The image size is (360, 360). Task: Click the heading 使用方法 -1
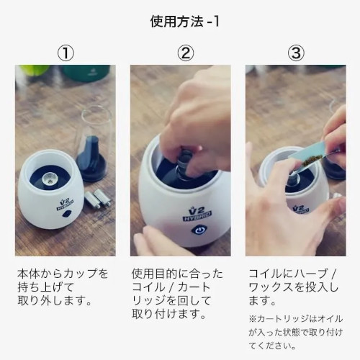[x=184, y=22]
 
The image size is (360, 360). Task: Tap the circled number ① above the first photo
[x=66, y=53]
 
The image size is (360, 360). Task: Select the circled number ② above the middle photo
[x=186, y=53]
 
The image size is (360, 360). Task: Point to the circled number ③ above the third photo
[x=296, y=53]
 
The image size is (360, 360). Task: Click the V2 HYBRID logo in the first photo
[x=65, y=204]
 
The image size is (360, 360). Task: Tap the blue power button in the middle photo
[x=198, y=230]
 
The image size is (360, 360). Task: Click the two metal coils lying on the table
[x=98, y=198]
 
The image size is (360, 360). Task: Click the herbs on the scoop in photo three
[x=312, y=161]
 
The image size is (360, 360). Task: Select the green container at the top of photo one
[x=86, y=73]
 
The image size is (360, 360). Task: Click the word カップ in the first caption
[x=81, y=274]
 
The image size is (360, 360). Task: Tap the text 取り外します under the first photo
[x=51, y=300]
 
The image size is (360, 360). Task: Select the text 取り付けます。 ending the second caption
[x=169, y=314]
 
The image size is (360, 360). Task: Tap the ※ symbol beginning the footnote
[x=253, y=319]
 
